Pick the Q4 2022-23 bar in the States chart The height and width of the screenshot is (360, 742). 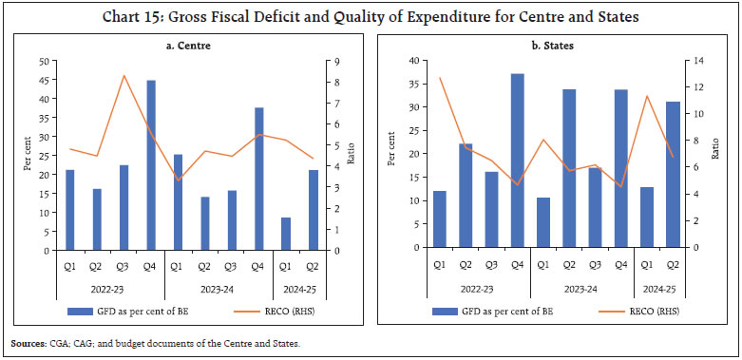[x=517, y=161]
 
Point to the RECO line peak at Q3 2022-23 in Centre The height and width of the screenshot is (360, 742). [x=124, y=75]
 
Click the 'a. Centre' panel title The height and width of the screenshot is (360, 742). [x=184, y=43]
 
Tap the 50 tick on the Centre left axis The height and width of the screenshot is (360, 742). [x=45, y=61]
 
